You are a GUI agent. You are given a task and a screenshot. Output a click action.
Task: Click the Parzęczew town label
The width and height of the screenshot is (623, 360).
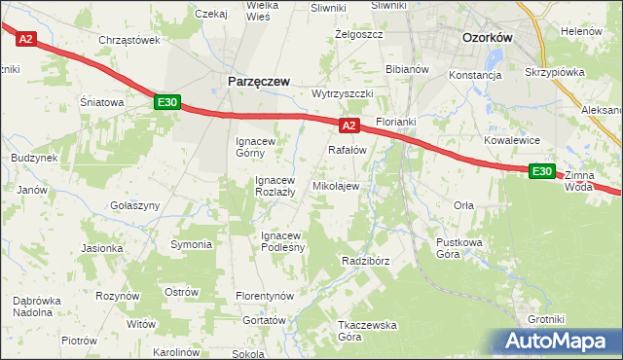pos(258,83)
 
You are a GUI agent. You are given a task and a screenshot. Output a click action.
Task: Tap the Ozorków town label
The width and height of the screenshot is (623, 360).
pos(488,38)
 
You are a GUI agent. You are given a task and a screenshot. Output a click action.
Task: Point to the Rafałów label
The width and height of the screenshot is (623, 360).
pos(347,150)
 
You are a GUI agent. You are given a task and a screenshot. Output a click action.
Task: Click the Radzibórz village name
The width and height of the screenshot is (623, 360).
pos(366,261)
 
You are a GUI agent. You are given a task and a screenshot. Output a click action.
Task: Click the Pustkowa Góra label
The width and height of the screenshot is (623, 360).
pos(461,247)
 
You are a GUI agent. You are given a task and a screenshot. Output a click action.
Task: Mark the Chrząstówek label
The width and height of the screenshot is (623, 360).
pos(128,40)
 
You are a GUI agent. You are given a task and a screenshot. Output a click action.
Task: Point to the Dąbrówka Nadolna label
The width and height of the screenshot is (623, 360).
pos(39,307)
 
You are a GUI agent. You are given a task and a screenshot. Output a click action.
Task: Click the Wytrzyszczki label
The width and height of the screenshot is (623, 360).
pos(343,93)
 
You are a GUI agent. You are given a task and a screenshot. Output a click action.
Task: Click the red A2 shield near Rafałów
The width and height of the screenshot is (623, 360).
pos(350,126)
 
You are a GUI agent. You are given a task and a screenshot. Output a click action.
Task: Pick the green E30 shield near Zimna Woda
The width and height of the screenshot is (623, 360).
pos(542,171)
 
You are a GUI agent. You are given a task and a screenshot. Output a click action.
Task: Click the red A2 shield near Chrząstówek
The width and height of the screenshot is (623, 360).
pos(25,39)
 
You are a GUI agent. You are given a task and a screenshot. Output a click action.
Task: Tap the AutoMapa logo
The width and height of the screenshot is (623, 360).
pos(557,342)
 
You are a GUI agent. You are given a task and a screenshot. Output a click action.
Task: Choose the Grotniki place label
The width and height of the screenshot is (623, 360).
pos(546,319)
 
